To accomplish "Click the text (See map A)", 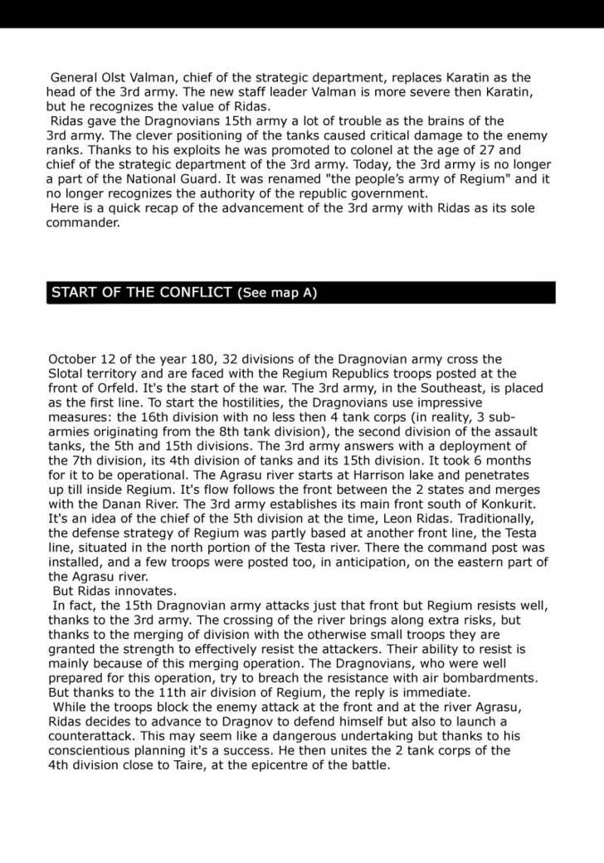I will click(277, 293).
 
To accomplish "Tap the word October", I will click(75, 359).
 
